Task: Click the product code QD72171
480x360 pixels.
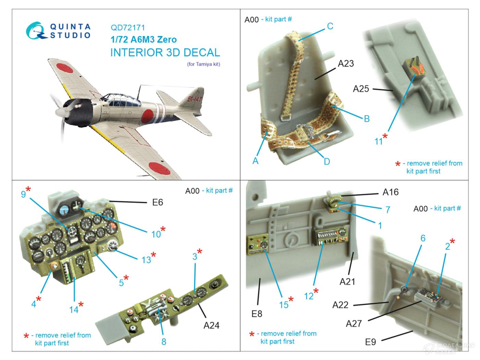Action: [x=128, y=28]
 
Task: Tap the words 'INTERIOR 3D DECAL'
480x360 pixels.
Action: [x=165, y=52]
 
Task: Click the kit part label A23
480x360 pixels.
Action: [x=346, y=63]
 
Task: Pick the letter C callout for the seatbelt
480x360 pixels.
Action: [x=330, y=26]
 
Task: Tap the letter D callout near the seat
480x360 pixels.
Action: [x=327, y=161]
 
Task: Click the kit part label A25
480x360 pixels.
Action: [x=361, y=89]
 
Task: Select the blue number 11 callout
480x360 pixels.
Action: [x=379, y=141]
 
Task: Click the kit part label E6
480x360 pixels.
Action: [x=157, y=203]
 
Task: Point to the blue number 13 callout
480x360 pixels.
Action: [x=146, y=260]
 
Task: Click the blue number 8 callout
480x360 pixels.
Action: [x=164, y=341]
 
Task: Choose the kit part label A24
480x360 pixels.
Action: [x=211, y=325]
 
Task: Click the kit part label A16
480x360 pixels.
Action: [x=391, y=192]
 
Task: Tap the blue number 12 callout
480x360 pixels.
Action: [x=309, y=296]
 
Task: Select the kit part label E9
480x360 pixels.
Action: [x=371, y=341]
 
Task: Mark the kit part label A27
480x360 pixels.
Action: [x=353, y=323]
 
